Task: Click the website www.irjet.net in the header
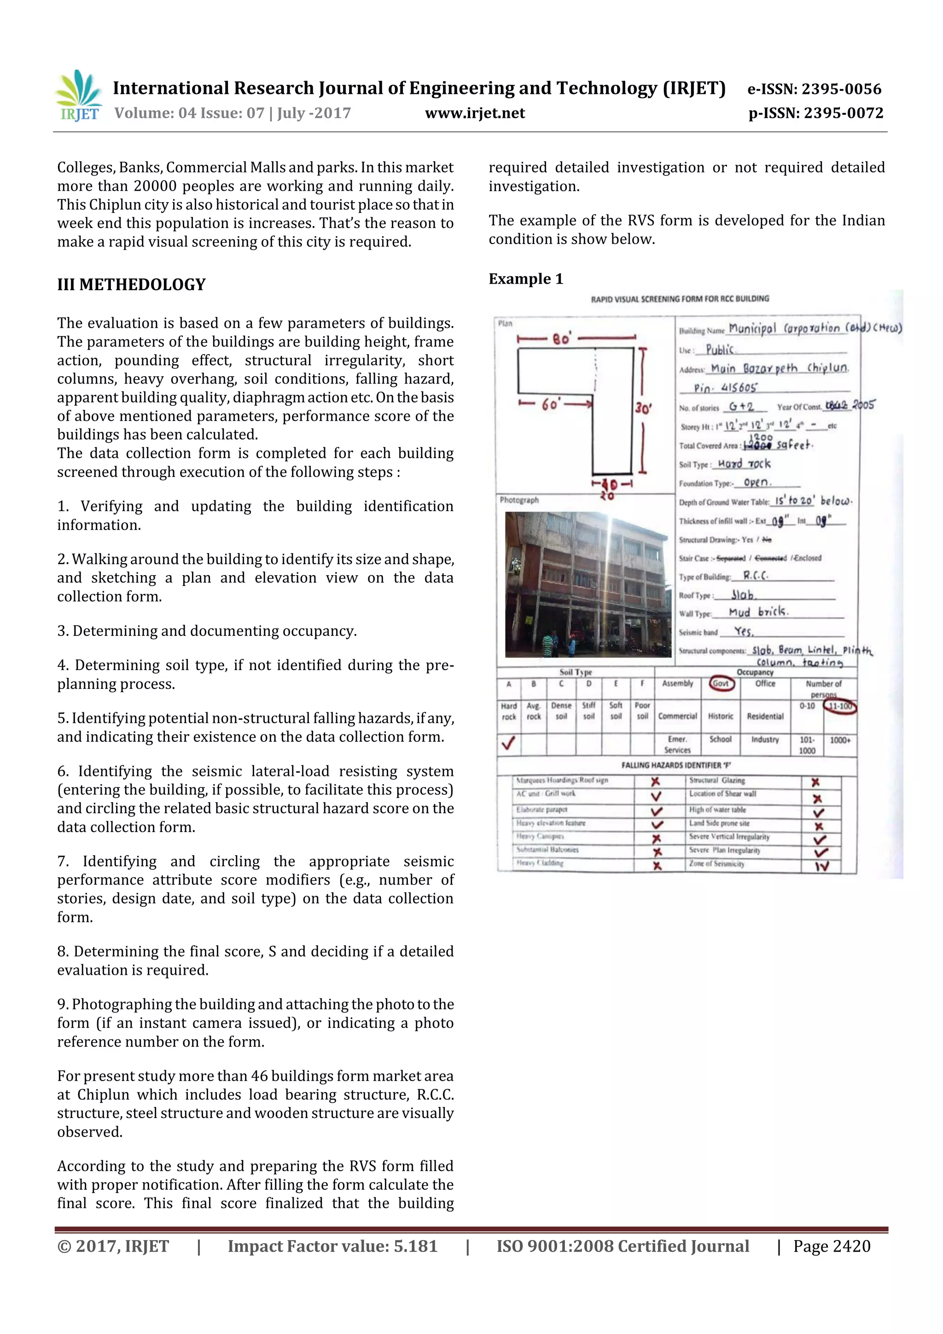coord(475,113)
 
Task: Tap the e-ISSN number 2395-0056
coord(841,89)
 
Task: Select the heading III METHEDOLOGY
coord(131,285)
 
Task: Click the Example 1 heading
coord(526,279)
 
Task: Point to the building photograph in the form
coord(586,584)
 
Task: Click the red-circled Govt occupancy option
coord(721,683)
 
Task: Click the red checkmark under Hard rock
coord(508,743)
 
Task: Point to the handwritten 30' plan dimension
coord(643,408)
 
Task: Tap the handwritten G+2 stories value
coord(741,407)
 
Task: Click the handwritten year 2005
coord(863,405)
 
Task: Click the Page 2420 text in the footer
coord(832,1246)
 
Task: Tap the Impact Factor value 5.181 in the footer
coord(332,1246)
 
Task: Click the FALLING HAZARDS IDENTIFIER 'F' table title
coord(676,765)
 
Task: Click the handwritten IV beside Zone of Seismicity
coord(821,866)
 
